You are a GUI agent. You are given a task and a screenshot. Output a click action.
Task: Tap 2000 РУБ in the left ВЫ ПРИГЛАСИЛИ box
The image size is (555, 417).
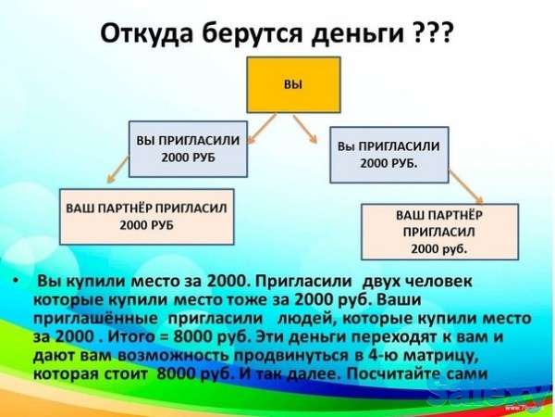pos(188,158)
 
